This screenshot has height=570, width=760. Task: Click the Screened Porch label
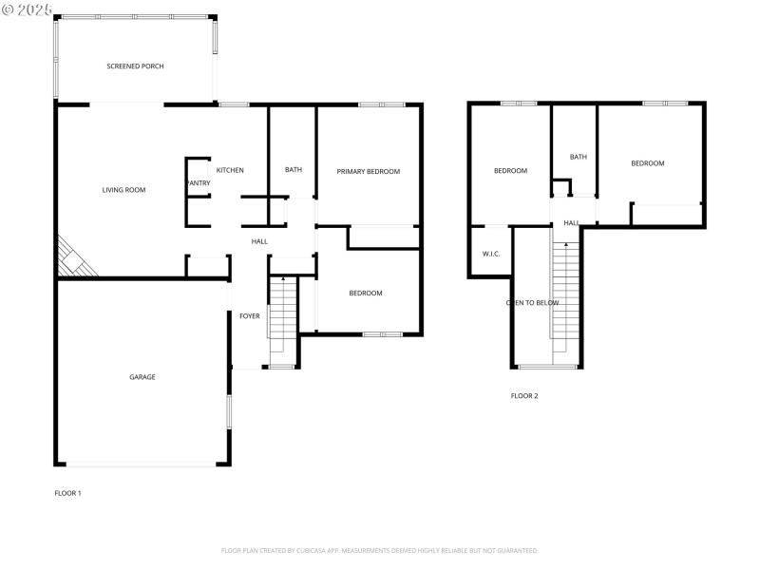point(135,66)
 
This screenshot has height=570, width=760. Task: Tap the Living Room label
point(123,190)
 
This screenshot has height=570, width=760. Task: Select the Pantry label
point(199,183)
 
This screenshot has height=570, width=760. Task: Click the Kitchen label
point(230,170)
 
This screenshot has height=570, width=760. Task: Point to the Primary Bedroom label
point(368,172)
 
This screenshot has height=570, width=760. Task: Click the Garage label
point(142,377)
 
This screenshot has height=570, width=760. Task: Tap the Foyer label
point(249,316)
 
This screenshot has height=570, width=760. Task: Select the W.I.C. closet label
point(491,254)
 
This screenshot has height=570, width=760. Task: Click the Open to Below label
point(532,303)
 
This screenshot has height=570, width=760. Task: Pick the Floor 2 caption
point(524,396)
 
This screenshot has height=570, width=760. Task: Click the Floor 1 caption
point(67,493)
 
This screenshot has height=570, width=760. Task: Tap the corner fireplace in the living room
point(74,259)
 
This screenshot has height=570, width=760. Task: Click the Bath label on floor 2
point(579,157)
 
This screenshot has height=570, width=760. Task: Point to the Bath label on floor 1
point(294,170)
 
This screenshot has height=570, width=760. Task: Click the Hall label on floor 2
point(571,223)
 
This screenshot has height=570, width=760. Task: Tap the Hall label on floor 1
point(259,242)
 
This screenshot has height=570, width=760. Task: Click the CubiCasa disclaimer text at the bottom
point(380,550)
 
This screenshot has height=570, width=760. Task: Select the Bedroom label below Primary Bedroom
point(366,294)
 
